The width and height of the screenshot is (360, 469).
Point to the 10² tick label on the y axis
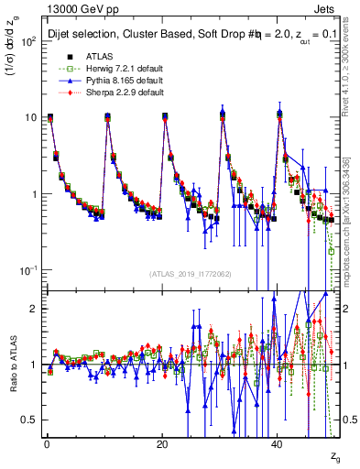pyautogui.click(x=28, y=41)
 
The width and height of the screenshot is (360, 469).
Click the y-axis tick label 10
pyautogui.click(x=30, y=117)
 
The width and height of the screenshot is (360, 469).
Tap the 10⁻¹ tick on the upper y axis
pyautogui.click(x=28, y=270)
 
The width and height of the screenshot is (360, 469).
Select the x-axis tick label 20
pyautogui.click(x=162, y=444)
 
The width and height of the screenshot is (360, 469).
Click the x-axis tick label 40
pyautogui.click(x=278, y=444)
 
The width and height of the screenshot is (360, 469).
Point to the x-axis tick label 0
pyautogui.click(x=46, y=444)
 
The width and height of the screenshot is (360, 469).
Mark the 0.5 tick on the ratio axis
pyautogui.click(x=30, y=420)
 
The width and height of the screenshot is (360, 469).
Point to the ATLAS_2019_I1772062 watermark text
pyautogui.click(x=191, y=274)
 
